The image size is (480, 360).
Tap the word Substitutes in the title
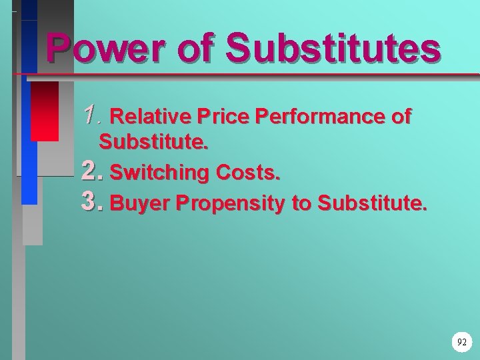pos(333,49)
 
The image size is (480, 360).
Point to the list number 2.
pos(91,172)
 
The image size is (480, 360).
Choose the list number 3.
pos(91,202)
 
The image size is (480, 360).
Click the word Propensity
pos(229,203)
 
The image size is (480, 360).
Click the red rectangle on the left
pos(45,111)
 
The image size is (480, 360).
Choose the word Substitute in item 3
pos(370,203)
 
